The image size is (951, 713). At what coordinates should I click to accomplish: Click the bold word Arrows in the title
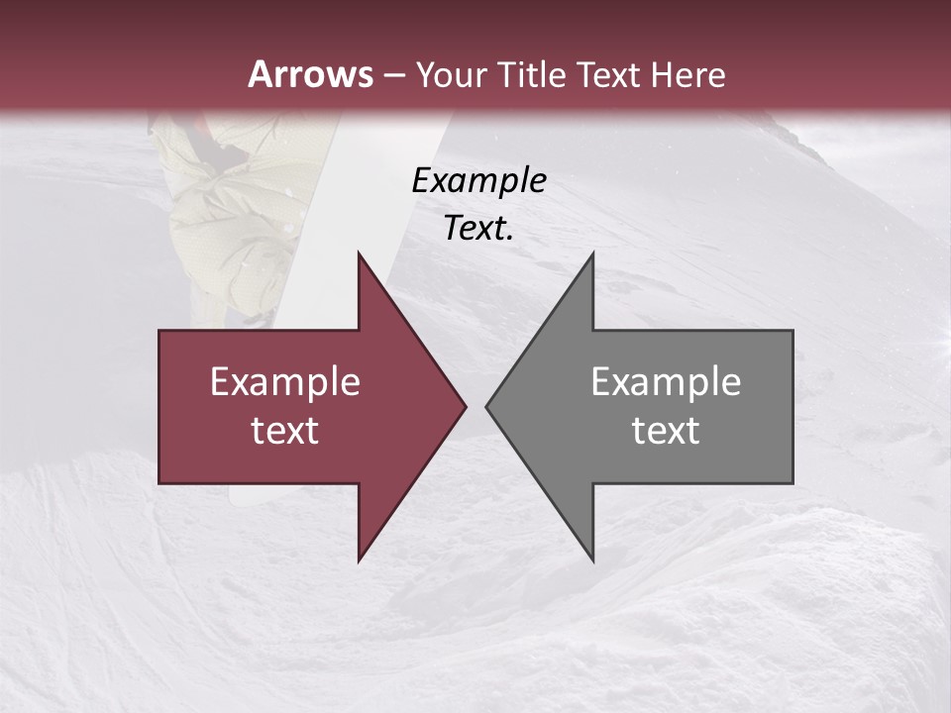(310, 74)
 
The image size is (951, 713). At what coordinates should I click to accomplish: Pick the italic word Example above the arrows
(479, 180)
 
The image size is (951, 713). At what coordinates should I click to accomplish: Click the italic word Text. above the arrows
(479, 229)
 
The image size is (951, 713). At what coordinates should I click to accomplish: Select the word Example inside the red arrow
(285, 381)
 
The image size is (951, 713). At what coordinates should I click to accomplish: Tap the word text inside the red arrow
(285, 431)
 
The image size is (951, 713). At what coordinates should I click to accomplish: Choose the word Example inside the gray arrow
(666, 381)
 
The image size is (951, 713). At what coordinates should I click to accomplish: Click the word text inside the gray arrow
(666, 431)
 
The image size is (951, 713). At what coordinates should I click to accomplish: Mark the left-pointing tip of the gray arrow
(487, 406)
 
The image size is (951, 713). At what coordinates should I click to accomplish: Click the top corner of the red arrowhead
(360, 255)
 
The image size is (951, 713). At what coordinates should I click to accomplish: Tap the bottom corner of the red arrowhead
(360, 560)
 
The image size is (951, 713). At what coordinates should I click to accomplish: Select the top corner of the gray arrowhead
(592, 255)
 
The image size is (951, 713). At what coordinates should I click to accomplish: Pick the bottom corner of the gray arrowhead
(592, 560)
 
